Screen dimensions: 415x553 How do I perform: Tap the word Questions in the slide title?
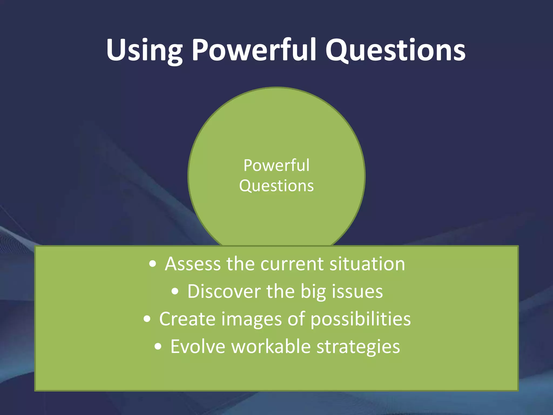coord(395,50)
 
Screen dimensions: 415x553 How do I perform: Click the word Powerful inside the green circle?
coord(276,165)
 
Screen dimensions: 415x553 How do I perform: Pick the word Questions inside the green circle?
coord(276,186)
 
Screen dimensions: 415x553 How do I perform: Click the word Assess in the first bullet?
coord(193,264)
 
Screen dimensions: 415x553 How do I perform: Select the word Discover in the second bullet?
coord(224,292)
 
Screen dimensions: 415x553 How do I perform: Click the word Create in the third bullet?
coord(187,319)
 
